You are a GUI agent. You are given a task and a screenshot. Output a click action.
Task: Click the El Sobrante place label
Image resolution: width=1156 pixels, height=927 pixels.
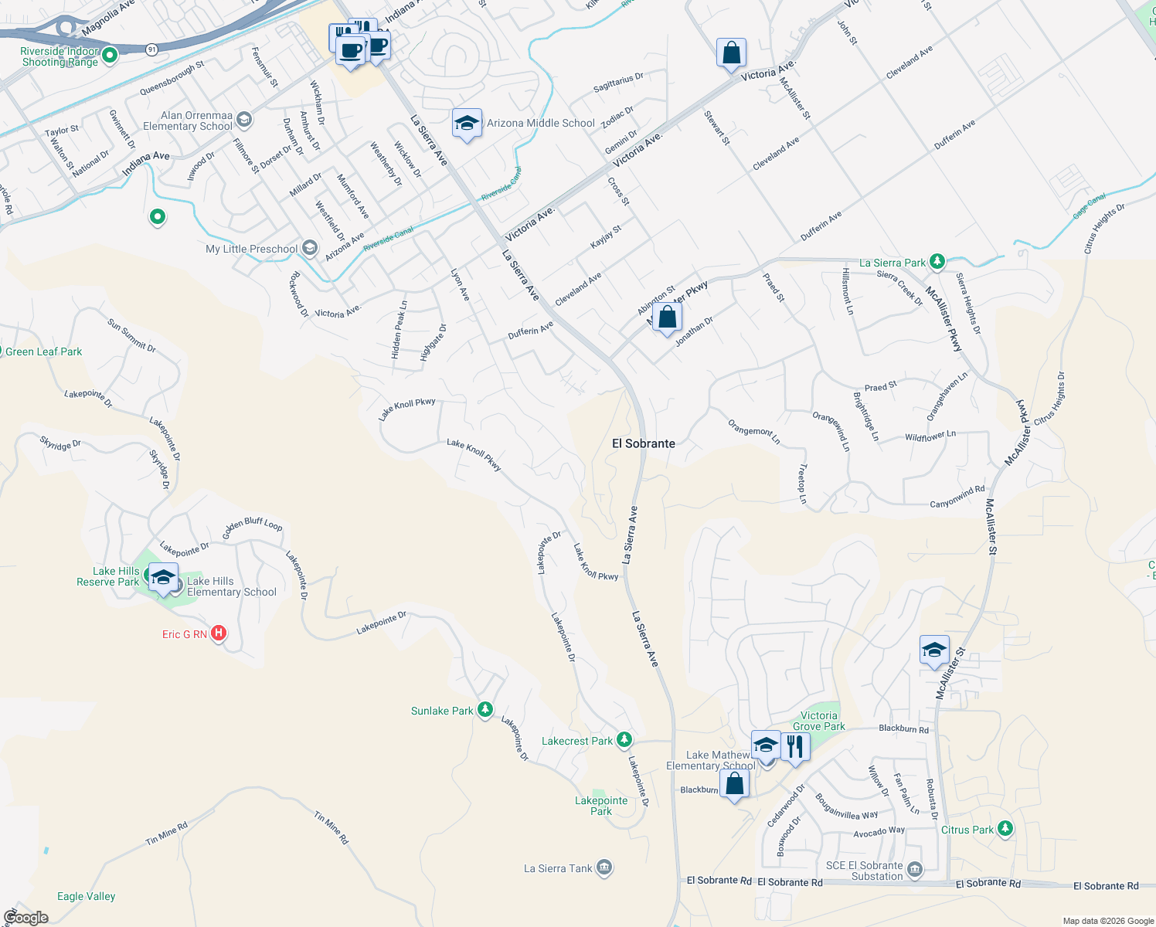tap(643, 443)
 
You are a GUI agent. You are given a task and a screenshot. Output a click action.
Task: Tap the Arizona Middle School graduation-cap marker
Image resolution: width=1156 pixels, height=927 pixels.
tap(467, 124)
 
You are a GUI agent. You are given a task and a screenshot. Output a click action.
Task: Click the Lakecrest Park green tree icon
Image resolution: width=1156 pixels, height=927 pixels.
tap(624, 740)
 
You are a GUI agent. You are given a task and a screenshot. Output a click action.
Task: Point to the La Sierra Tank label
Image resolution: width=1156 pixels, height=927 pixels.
tap(558, 868)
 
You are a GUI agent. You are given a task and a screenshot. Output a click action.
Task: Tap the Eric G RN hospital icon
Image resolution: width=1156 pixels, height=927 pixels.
tap(219, 633)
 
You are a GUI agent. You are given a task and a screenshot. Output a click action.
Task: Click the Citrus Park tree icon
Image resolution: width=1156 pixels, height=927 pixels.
tap(1005, 829)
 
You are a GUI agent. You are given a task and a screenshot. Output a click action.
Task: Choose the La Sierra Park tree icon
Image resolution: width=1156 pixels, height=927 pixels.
tap(937, 262)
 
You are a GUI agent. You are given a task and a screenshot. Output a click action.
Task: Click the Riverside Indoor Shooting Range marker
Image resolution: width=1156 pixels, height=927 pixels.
tap(110, 55)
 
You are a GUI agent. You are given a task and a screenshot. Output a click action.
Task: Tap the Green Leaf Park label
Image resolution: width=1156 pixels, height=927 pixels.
tap(43, 351)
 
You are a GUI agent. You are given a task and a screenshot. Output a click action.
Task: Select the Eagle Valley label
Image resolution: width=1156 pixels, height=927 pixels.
tap(86, 896)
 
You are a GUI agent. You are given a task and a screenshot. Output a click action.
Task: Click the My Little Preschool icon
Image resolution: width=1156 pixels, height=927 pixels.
tap(310, 248)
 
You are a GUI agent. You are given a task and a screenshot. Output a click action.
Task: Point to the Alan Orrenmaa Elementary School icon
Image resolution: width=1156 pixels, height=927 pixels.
tap(244, 119)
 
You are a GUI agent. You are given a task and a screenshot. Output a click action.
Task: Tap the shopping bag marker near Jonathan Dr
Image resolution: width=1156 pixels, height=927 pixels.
tap(667, 317)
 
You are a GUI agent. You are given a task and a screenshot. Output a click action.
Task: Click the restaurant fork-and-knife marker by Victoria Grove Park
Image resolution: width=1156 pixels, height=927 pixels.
tap(795, 746)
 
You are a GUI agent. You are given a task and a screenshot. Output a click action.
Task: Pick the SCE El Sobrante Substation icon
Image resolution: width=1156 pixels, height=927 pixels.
tap(915, 870)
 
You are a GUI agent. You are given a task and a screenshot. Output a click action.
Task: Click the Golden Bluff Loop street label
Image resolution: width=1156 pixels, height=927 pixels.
tap(253, 528)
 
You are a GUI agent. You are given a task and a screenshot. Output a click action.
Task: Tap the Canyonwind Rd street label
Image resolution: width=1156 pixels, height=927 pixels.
tap(957, 497)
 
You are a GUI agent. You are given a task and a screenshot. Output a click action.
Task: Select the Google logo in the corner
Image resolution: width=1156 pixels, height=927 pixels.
tap(26, 918)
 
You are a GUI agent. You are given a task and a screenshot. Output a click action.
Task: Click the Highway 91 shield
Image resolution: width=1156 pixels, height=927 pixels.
tap(151, 49)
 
